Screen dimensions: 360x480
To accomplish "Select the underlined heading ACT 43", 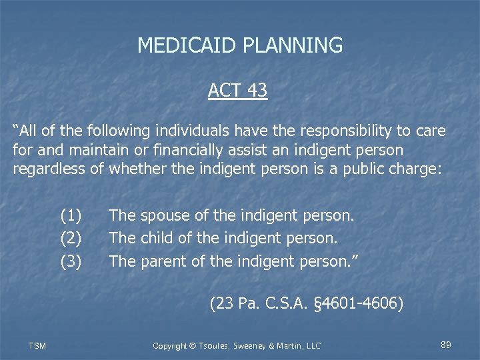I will click(x=237, y=90).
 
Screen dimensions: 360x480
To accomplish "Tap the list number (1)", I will click(x=71, y=215).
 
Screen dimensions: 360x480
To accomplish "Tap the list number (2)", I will click(x=71, y=238).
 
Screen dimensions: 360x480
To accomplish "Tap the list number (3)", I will click(x=71, y=261).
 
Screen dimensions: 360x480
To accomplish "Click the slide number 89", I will click(x=446, y=345).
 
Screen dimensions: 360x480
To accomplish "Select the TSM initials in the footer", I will click(x=37, y=345).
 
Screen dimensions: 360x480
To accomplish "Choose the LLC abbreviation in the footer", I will click(x=312, y=345).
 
